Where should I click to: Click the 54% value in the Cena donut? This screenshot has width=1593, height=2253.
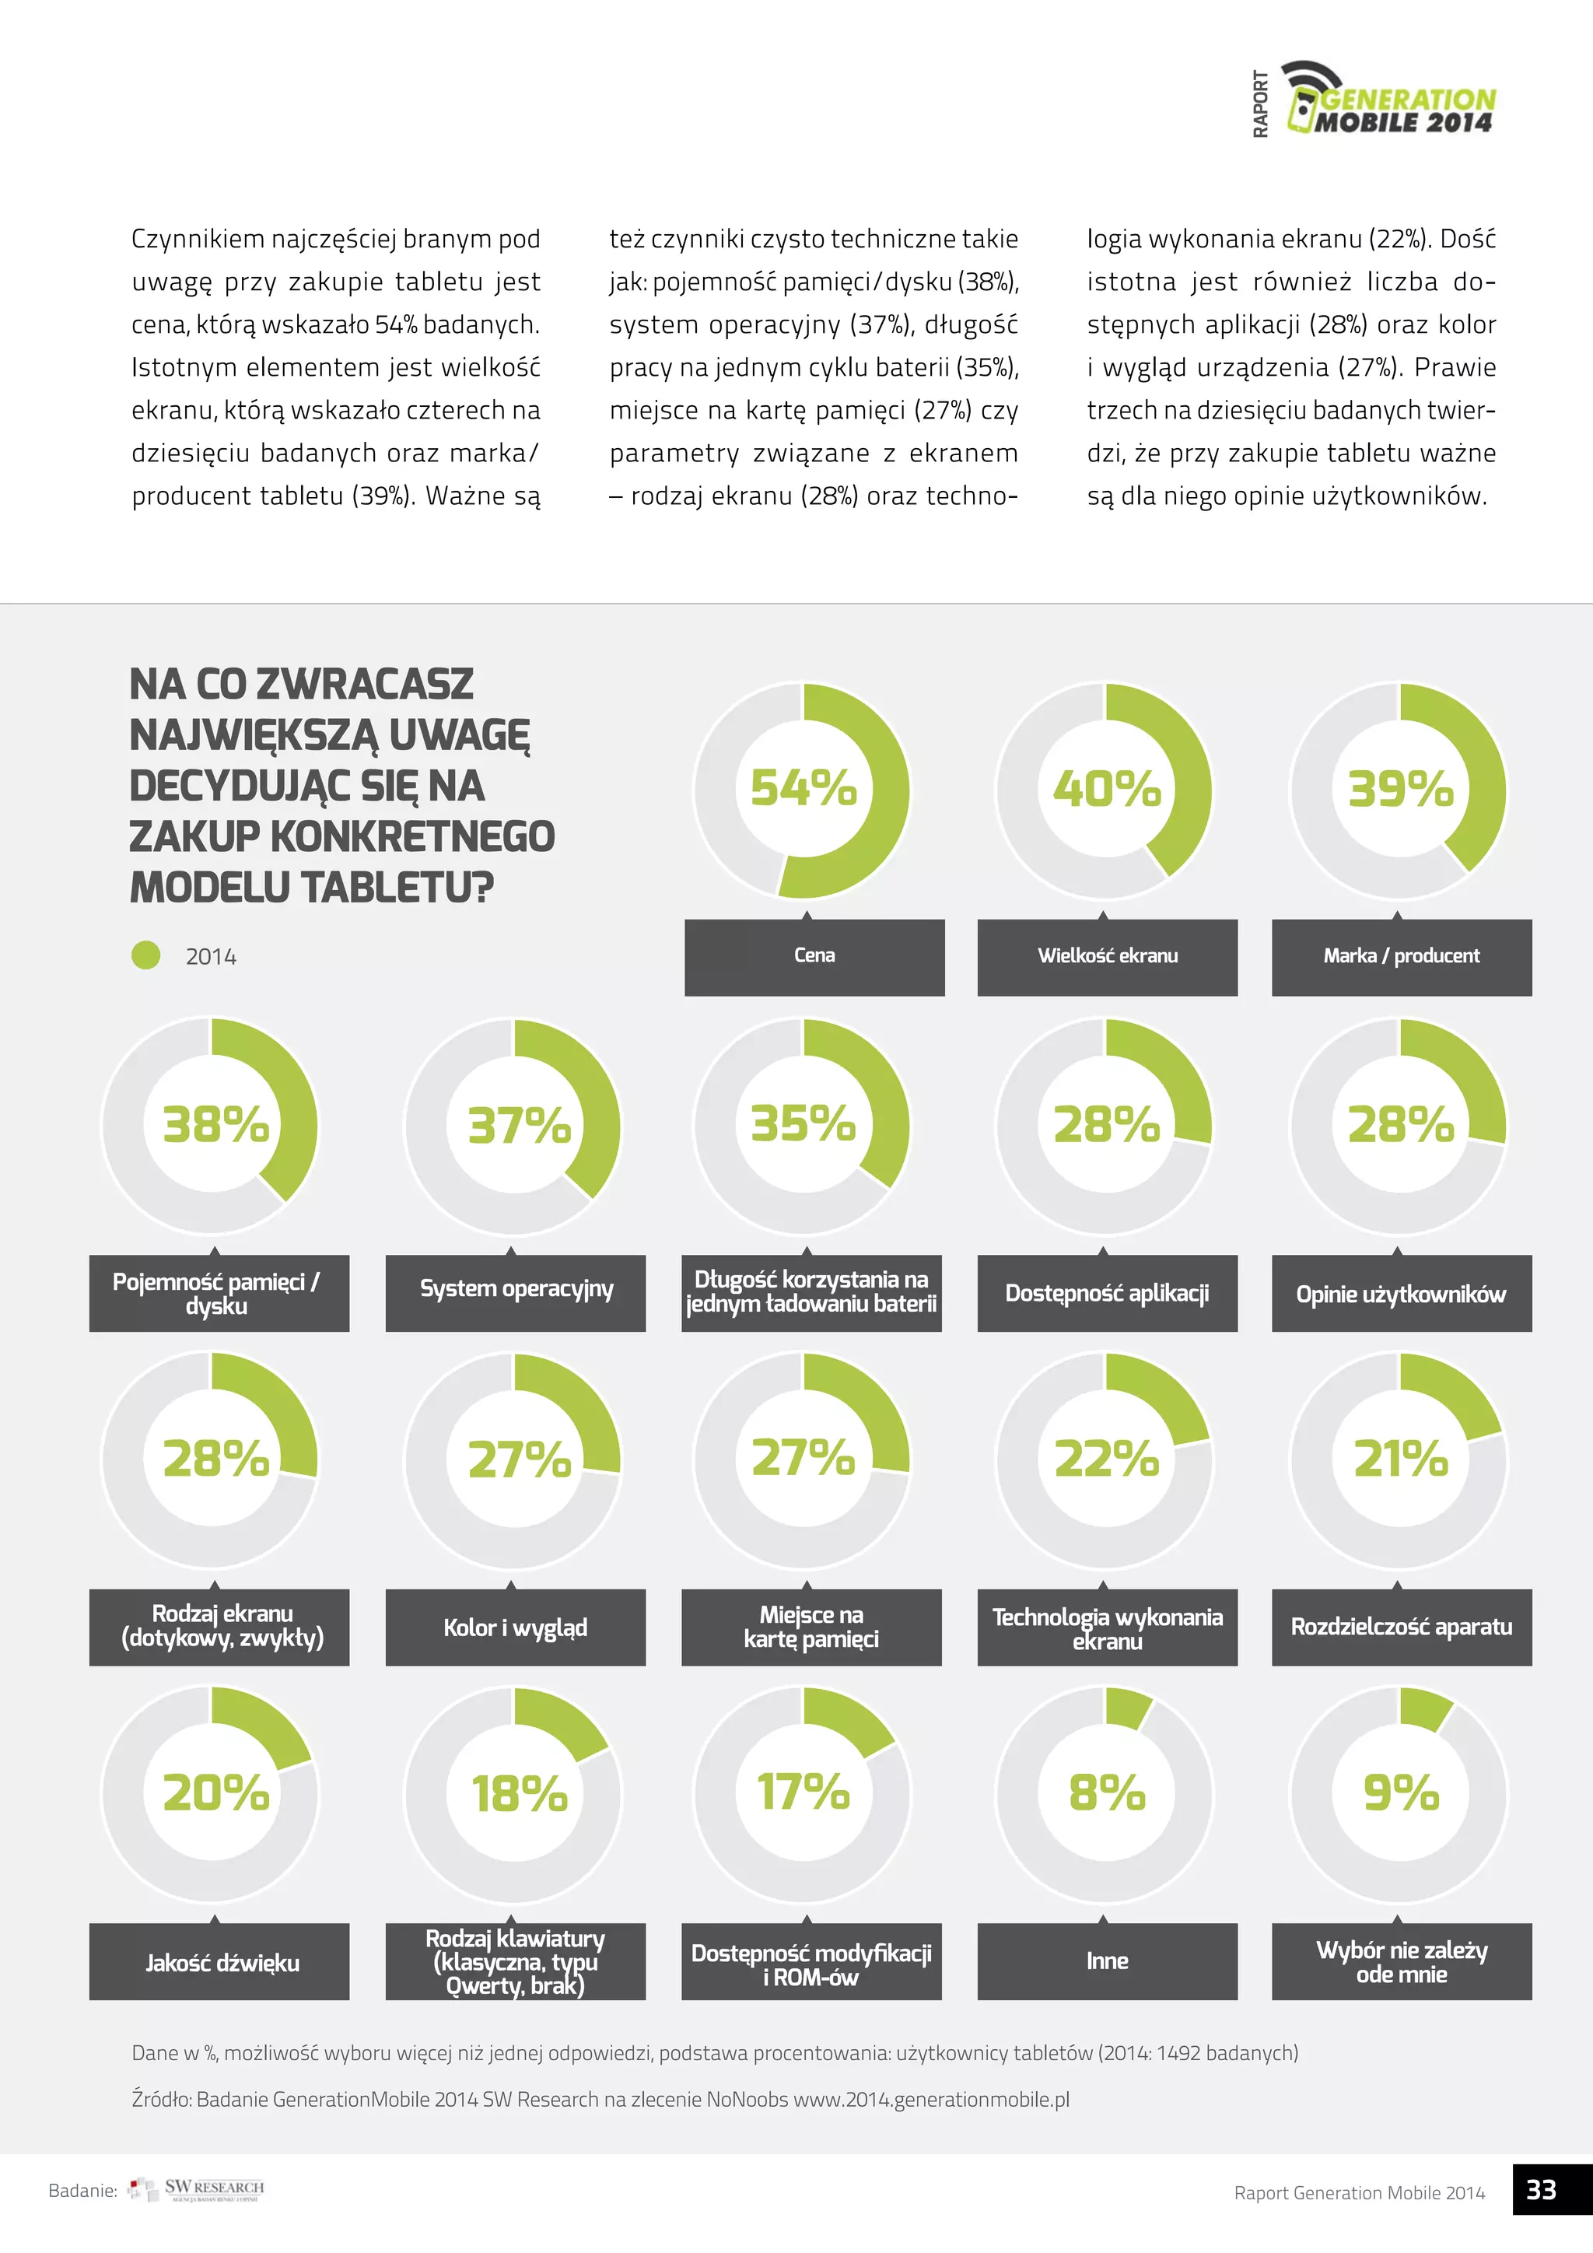(804, 788)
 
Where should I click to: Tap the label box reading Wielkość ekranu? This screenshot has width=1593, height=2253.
(1108, 957)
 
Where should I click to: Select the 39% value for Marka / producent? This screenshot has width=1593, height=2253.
(1400, 789)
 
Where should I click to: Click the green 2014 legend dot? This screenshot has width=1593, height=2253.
(146, 956)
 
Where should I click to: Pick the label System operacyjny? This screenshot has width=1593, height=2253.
(516, 1291)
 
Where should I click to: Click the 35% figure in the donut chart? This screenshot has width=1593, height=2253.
(804, 1123)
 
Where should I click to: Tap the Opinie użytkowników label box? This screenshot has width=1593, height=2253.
(1401, 1295)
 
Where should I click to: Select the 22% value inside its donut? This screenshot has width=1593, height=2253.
(1107, 1459)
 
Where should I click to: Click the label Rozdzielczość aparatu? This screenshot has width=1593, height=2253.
(1401, 1627)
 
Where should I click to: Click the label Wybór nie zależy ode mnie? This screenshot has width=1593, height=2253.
(1401, 1963)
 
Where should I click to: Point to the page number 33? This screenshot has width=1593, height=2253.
(1541, 2190)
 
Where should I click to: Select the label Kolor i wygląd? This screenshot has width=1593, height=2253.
(516, 1628)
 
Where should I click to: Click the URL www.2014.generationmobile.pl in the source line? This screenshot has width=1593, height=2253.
(931, 2100)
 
